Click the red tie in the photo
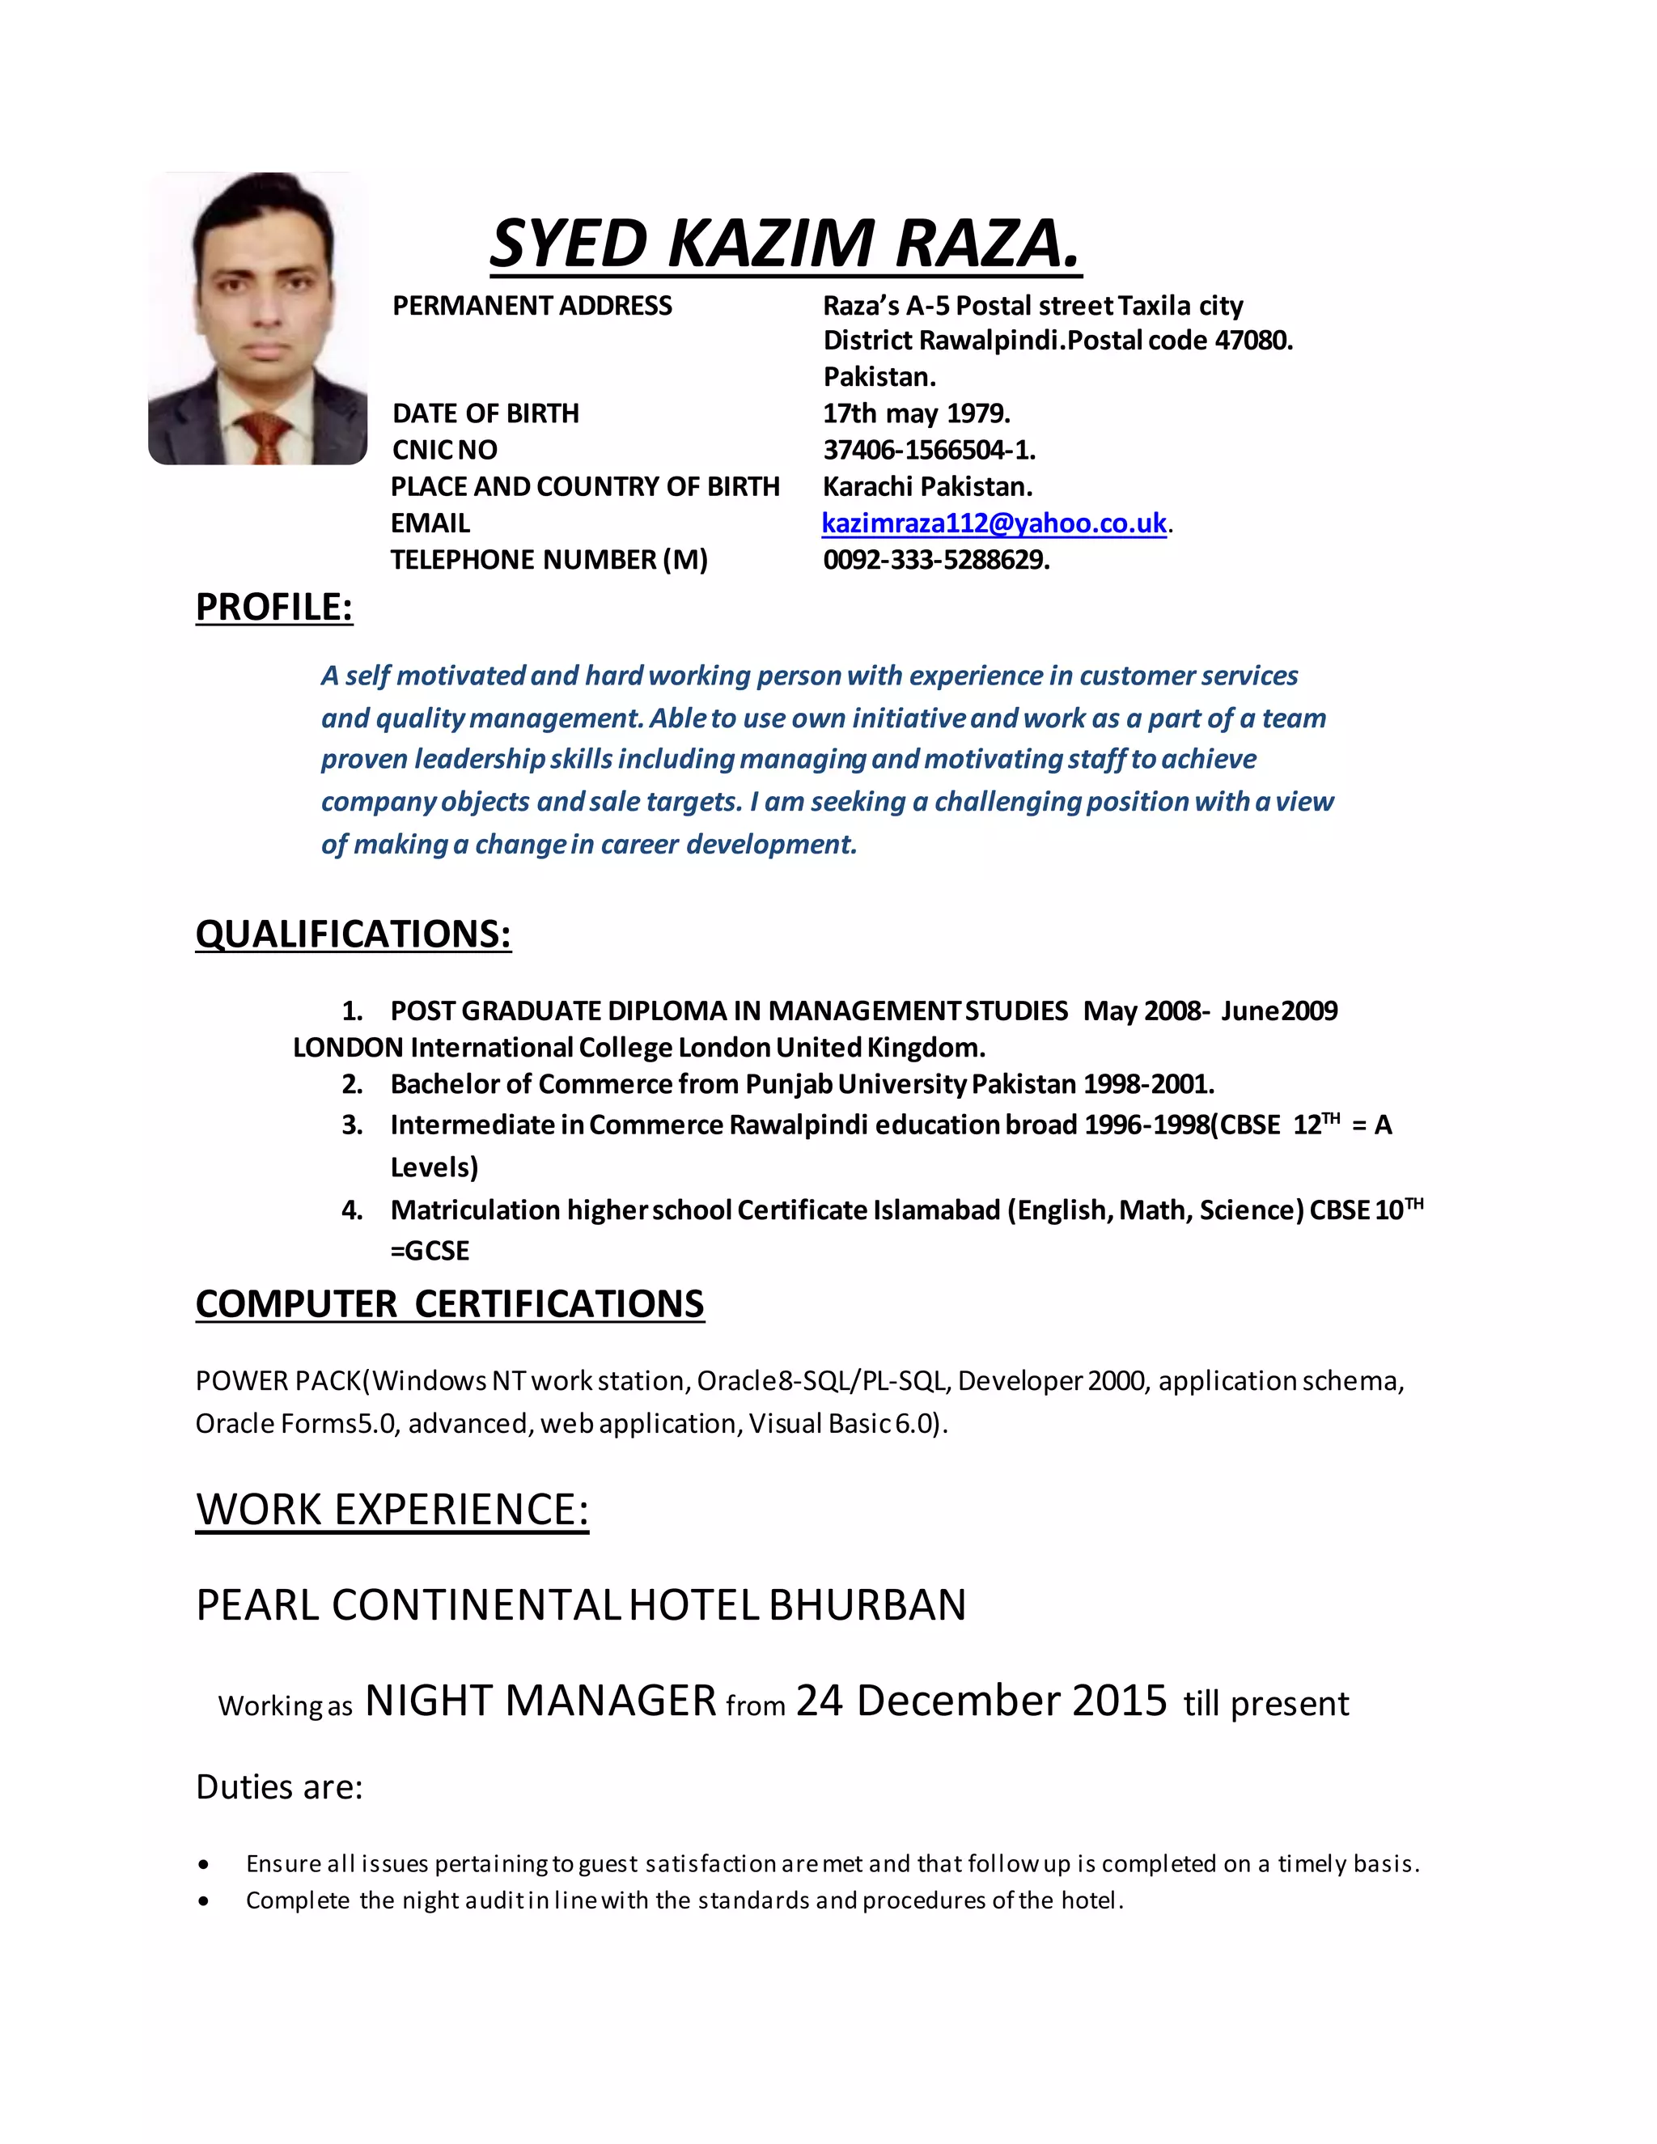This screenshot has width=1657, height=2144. (263, 438)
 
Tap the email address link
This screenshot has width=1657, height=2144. (994, 523)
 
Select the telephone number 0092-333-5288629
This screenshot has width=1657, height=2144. (935, 560)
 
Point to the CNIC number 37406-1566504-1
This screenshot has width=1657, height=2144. (929, 450)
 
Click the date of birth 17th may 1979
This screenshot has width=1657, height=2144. (916, 413)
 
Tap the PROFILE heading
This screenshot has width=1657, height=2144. (274, 607)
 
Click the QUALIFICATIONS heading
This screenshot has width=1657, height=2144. (354, 934)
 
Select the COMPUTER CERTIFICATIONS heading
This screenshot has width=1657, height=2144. (450, 1303)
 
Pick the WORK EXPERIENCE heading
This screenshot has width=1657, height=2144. (392, 1509)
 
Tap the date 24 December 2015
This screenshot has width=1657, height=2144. (981, 1701)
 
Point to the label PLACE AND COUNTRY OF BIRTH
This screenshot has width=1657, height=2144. (585, 487)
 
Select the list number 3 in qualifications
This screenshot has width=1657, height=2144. (351, 1125)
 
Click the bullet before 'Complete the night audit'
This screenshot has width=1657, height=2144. (203, 1900)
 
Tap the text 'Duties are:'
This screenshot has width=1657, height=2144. (280, 1786)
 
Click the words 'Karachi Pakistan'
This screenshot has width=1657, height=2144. (926, 487)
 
